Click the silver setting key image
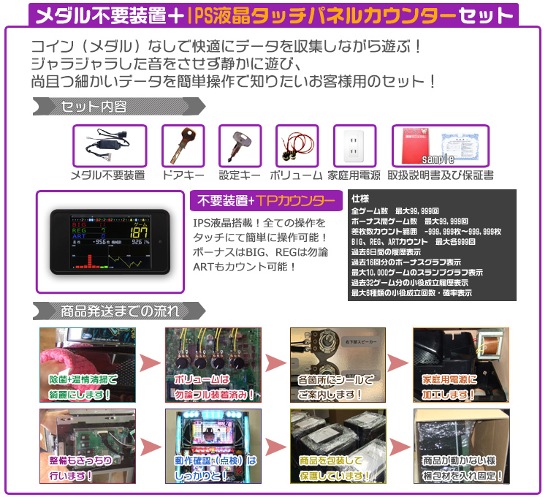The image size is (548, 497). point(240,145)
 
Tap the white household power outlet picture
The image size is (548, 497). point(354,145)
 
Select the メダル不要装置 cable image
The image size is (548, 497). point(109,145)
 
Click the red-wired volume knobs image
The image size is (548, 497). point(297,145)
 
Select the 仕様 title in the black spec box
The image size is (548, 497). point(359,198)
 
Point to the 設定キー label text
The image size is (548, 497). point(240,175)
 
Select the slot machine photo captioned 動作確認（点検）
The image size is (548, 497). point(213,446)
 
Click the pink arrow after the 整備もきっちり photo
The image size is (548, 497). point(150,447)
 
